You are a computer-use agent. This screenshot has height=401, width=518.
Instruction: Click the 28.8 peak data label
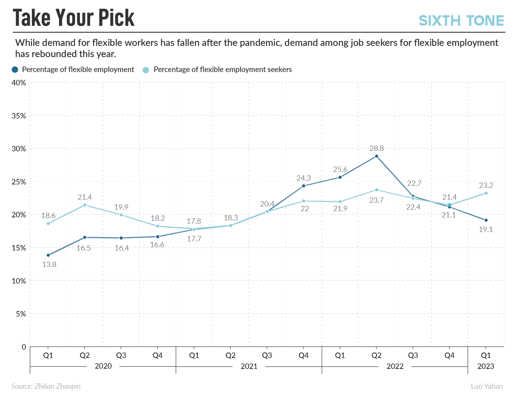click(376, 148)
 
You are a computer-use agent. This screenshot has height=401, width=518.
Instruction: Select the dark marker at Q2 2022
click(376, 156)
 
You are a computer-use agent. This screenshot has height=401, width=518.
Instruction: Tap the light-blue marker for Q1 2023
click(486, 193)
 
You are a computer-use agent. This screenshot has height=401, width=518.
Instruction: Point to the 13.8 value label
click(49, 265)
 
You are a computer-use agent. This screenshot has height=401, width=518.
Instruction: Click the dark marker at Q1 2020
click(48, 255)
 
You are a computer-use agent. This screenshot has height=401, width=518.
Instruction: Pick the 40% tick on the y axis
click(19, 83)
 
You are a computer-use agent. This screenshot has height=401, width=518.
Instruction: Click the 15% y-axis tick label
click(19, 248)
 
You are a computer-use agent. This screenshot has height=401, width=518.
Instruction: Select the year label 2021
click(249, 366)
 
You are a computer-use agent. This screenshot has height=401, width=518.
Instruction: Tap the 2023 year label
click(486, 366)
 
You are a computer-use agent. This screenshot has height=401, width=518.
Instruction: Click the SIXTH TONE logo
click(461, 21)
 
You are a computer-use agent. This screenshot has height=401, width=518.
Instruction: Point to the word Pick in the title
click(116, 18)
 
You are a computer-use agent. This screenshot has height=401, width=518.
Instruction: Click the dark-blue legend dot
click(15, 70)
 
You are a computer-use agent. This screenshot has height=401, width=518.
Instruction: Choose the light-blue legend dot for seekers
click(146, 70)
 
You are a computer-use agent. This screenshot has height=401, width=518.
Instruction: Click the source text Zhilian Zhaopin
click(57, 386)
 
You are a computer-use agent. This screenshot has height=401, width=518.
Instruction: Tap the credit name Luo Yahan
click(487, 386)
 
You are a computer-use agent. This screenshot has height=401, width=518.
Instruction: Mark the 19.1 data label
click(486, 230)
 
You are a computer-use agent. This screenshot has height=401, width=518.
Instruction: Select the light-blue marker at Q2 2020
click(85, 205)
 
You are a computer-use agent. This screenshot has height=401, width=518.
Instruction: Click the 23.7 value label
click(376, 200)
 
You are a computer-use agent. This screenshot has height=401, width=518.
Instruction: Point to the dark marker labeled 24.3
click(304, 186)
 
